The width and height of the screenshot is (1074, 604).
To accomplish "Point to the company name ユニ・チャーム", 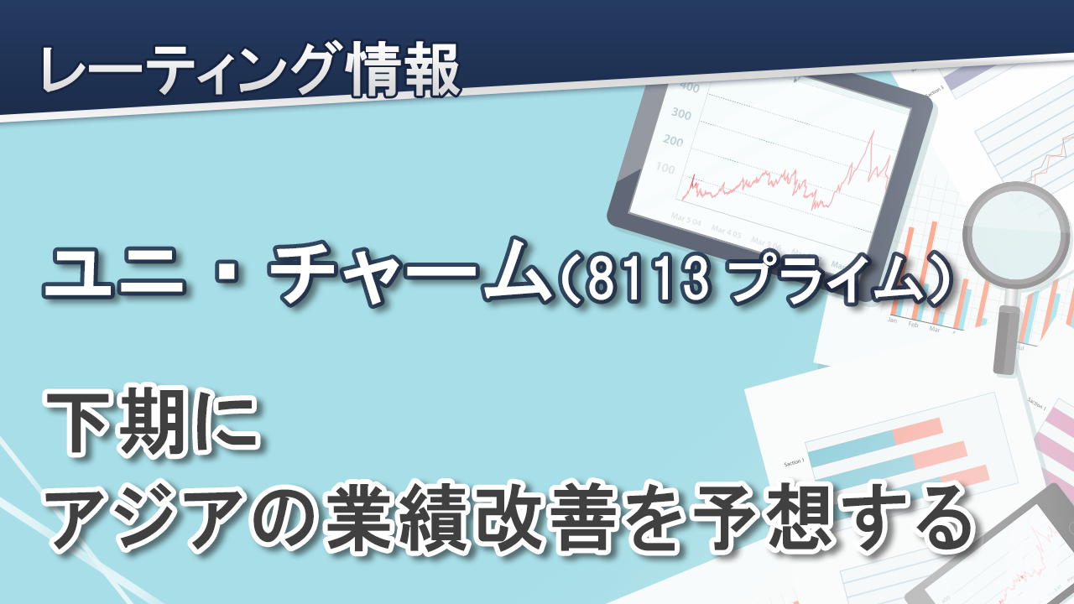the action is point(297,273).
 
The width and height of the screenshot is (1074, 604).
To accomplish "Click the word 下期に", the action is point(154,423).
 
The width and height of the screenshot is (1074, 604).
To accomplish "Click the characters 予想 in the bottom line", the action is point(764,517).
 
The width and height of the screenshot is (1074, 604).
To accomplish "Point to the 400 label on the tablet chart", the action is point(690,86).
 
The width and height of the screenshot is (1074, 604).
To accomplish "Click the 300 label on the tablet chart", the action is point(681,114).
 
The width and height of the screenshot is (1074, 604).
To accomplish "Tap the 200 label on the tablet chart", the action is point(673,141).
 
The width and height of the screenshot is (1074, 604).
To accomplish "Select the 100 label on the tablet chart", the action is point(665,169).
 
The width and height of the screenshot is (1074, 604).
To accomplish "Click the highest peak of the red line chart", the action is point(873,132).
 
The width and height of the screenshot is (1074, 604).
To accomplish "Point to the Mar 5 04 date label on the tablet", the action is point(686,220).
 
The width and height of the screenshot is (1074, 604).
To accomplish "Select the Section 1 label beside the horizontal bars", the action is point(794,462).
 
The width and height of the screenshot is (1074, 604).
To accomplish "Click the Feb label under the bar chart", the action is point(913,325).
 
